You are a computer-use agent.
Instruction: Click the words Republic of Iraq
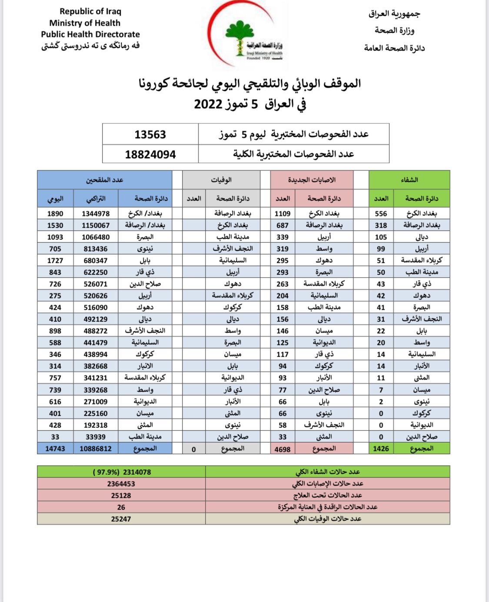pos(90,11)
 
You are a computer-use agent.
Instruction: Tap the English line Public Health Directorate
pos(90,34)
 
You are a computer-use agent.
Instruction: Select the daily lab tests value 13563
pos(150,135)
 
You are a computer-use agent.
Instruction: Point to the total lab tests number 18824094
pos(150,155)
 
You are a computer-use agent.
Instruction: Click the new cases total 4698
pos(283,449)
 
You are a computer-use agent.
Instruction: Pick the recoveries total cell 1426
pos(381,449)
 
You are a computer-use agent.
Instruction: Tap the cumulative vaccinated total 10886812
pos(96,449)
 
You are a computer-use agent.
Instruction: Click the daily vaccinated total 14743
pos(55,449)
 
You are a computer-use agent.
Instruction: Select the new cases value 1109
pos(283,214)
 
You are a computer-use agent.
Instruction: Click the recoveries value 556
pos(381,214)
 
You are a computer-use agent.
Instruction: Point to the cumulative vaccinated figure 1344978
pos(96,214)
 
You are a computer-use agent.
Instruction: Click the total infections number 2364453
pos(121,484)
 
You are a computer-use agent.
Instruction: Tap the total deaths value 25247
pos(121,519)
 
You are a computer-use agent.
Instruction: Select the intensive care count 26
pos(121,507)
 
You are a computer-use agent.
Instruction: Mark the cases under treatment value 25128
pos(121,496)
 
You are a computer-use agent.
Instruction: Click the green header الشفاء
pos(409,180)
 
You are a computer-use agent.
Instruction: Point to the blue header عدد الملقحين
pos(104,180)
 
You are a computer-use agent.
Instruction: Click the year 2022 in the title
pos(208,104)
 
